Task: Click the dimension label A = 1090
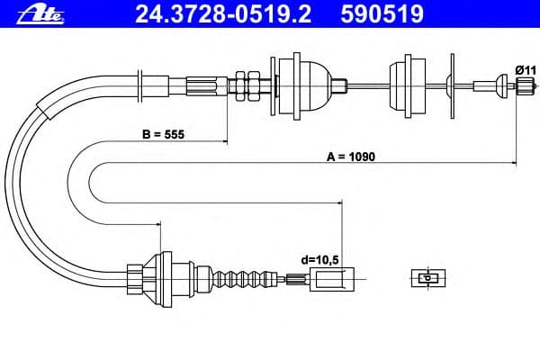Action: point(350,156)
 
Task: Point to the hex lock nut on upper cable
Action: point(243,85)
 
